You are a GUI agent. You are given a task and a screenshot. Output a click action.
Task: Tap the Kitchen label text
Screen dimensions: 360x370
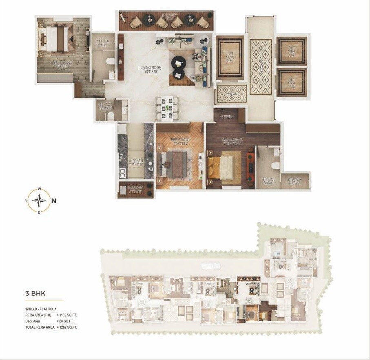click(x=136, y=163)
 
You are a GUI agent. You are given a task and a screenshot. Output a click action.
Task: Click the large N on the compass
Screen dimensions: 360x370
click(x=54, y=200)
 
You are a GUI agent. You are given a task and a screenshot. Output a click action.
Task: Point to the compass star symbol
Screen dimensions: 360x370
click(x=39, y=200)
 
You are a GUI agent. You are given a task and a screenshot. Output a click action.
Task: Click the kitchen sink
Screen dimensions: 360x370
click(x=122, y=172)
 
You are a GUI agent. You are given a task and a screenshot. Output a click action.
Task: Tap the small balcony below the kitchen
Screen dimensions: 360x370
click(x=136, y=190)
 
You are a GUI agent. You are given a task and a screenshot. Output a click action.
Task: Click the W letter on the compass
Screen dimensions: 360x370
click(x=39, y=189)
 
